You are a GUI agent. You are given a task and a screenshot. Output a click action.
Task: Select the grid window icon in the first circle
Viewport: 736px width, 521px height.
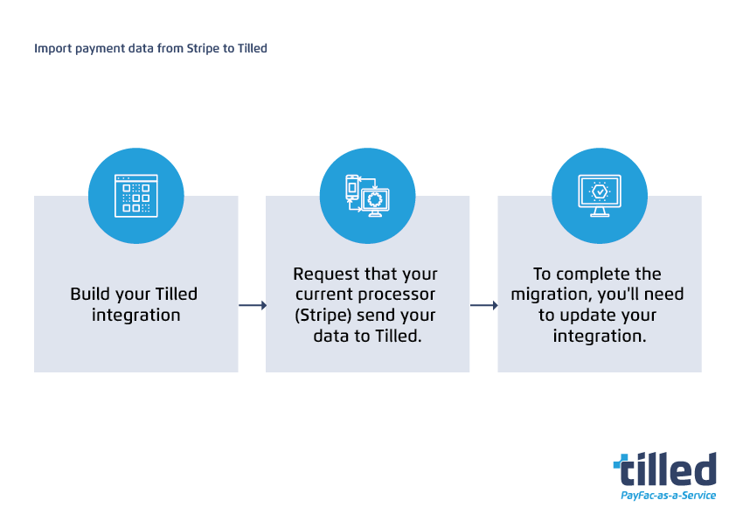[x=136, y=196]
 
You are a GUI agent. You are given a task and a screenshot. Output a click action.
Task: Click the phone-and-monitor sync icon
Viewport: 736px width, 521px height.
[x=367, y=196]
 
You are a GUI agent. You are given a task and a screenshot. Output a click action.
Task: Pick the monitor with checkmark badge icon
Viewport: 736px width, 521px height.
[x=600, y=196]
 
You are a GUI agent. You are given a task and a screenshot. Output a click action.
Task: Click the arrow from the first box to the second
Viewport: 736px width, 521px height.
[x=252, y=305]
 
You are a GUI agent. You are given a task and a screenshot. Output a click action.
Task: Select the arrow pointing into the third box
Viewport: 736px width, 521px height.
[x=483, y=305]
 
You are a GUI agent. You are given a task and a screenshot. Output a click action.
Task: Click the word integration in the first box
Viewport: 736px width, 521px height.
[x=136, y=315]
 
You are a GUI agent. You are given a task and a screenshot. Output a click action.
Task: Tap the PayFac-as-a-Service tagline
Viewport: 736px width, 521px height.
[x=668, y=496]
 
